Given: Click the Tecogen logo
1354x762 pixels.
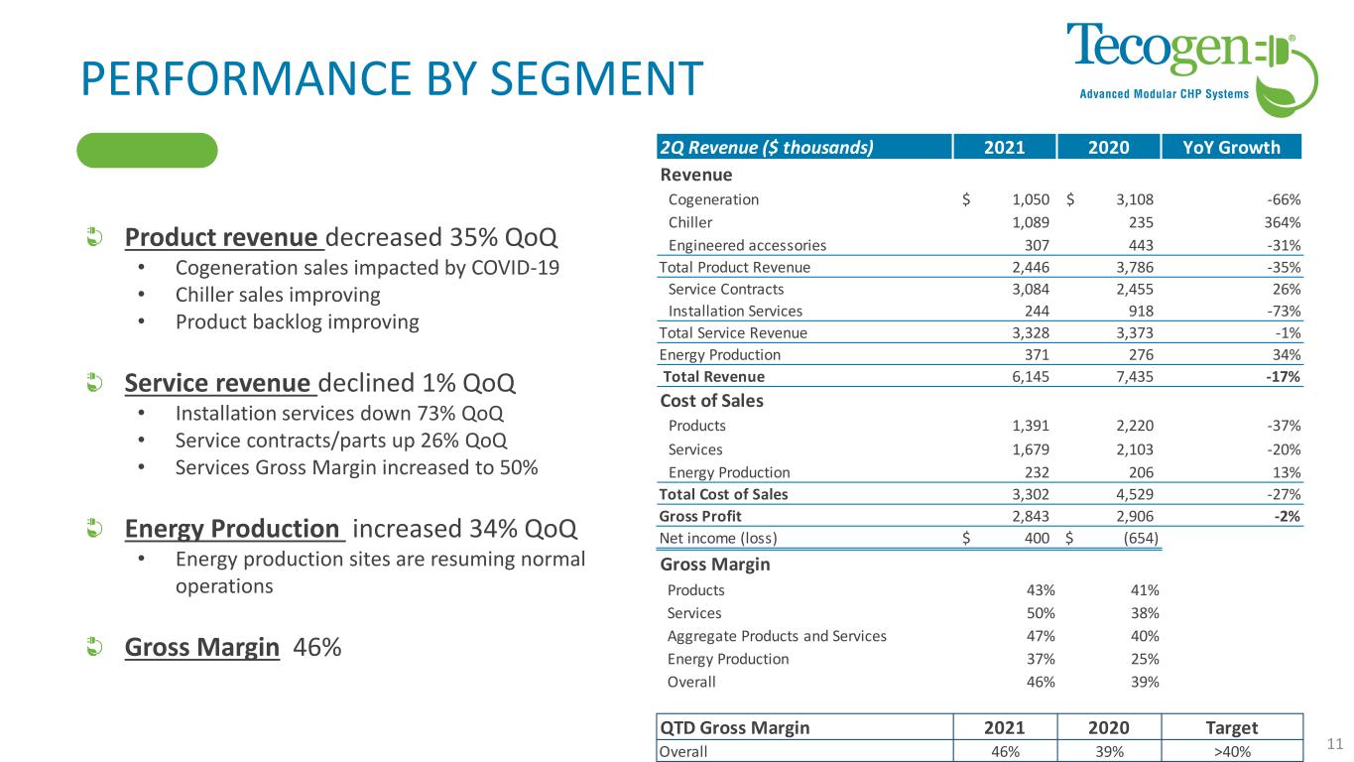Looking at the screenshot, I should point(1190,64).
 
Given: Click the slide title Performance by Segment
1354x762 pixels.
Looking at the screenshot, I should point(392,77).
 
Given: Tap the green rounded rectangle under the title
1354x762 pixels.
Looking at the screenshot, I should point(147,150).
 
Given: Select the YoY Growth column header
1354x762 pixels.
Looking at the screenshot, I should point(1231,148).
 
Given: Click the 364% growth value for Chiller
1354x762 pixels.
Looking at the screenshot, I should point(1282,222).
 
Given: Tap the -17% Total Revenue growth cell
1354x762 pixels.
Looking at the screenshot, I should point(1284,377).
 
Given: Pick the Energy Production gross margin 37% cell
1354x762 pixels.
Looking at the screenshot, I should point(1041,659).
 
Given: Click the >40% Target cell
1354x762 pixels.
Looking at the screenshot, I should point(1231,751).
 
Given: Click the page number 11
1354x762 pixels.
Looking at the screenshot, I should point(1333,742).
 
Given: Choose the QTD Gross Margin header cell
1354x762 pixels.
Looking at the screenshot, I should point(735,726).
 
